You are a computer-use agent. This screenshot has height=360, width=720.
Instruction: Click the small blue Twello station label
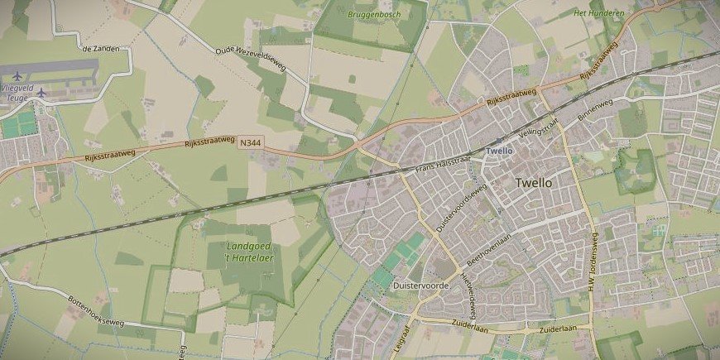[499, 151]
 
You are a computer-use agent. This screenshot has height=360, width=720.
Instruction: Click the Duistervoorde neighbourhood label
[421, 285]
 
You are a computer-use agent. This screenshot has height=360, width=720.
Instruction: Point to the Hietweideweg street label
[470, 297]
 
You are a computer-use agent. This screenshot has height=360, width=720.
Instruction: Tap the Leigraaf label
[404, 338]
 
